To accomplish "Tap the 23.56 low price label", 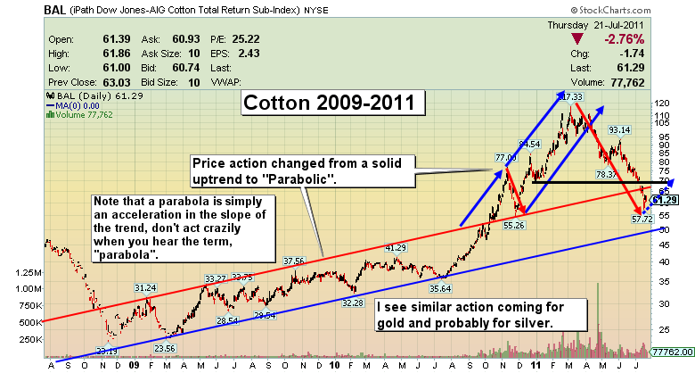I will point(165,349).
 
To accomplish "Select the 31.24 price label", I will point(146,287).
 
